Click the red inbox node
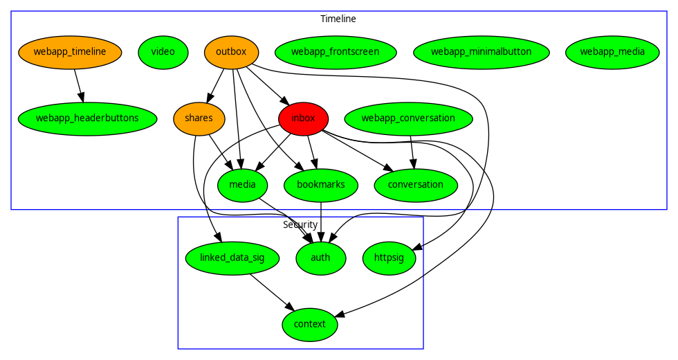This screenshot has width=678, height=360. tap(303, 118)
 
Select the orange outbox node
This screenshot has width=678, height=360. tap(231, 52)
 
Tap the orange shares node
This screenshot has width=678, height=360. tap(199, 118)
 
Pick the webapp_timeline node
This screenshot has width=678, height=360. tap(70, 52)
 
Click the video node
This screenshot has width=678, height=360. tap(163, 52)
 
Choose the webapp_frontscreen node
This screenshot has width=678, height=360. tap(336, 52)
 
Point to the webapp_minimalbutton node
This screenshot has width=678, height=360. tap(481, 52)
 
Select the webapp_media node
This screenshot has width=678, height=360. tap(612, 52)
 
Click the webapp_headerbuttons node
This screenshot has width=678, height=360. tap(87, 118)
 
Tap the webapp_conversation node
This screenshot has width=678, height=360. tap(408, 118)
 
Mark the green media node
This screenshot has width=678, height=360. tap(242, 185)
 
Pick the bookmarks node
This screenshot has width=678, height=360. tap(321, 185)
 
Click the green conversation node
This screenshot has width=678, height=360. tap(416, 185)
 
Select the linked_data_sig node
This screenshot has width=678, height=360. tap(232, 258)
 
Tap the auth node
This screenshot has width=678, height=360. tap(321, 258)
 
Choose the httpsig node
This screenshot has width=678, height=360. tap(389, 258)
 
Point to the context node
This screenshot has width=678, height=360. tap(310, 325)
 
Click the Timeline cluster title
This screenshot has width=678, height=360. tap(338, 19)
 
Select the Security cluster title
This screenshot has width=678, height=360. tap(300, 224)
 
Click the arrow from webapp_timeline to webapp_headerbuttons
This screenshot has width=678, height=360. tap(78, 85)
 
